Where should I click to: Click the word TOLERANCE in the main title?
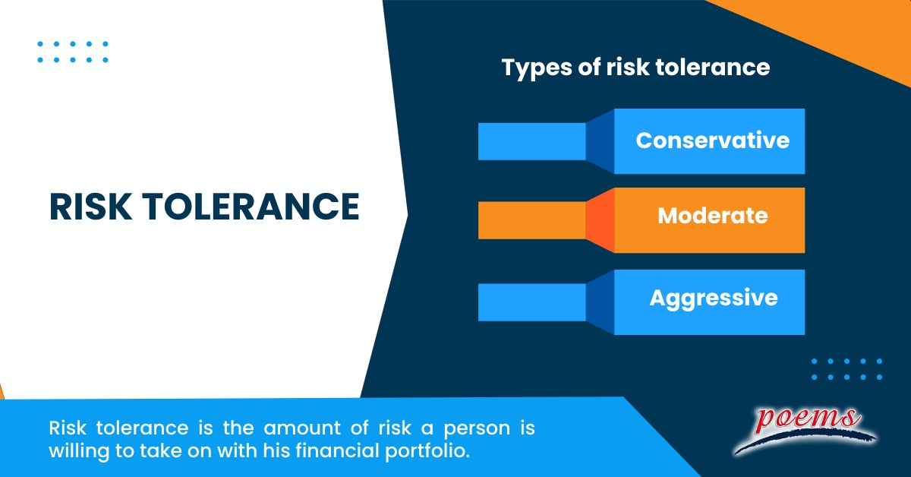(x=254, y=206)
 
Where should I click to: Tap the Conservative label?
(x=712, y=141)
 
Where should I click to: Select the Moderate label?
(x=712, y=216)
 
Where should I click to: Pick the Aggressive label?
(x=713, y=297)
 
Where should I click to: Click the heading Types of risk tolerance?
(x=635, y=68)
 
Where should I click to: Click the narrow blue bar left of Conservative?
(x=531, y=141)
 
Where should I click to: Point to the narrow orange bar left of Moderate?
(x=531, y=220)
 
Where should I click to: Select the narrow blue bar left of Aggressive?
(x=531, y=302)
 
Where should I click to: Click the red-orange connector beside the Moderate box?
(x=600, y=220)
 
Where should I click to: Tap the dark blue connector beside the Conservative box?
(x=600, y=141)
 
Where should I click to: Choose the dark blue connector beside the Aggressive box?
(x=600, y=302)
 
